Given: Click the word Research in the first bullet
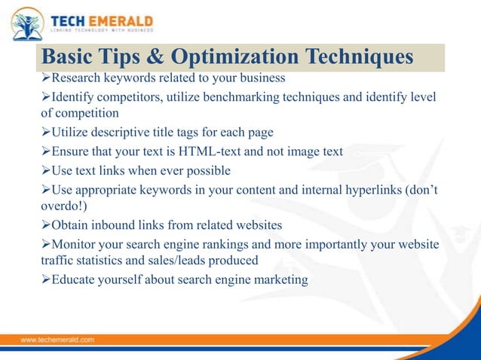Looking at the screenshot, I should point(77,77).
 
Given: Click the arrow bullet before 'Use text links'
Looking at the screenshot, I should point(45,169).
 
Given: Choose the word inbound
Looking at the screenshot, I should point(115,224).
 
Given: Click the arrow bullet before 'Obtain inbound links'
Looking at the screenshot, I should point(45,224).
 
